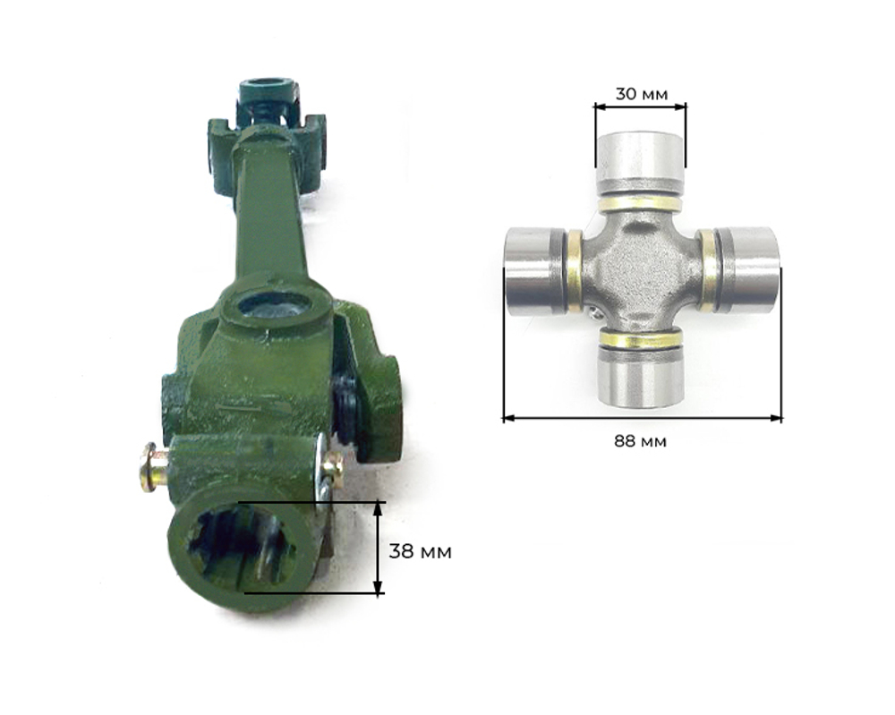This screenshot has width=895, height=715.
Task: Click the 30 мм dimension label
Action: tap(641, 94)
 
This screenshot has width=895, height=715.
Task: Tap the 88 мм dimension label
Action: tap(641, 441)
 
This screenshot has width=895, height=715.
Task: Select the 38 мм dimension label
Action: tap(420, 552)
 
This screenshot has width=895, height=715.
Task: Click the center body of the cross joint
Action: tap(641, 268)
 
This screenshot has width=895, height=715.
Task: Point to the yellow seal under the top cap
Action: tap(640, 203)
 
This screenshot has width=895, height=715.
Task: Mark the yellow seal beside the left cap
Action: tap(574, 272)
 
